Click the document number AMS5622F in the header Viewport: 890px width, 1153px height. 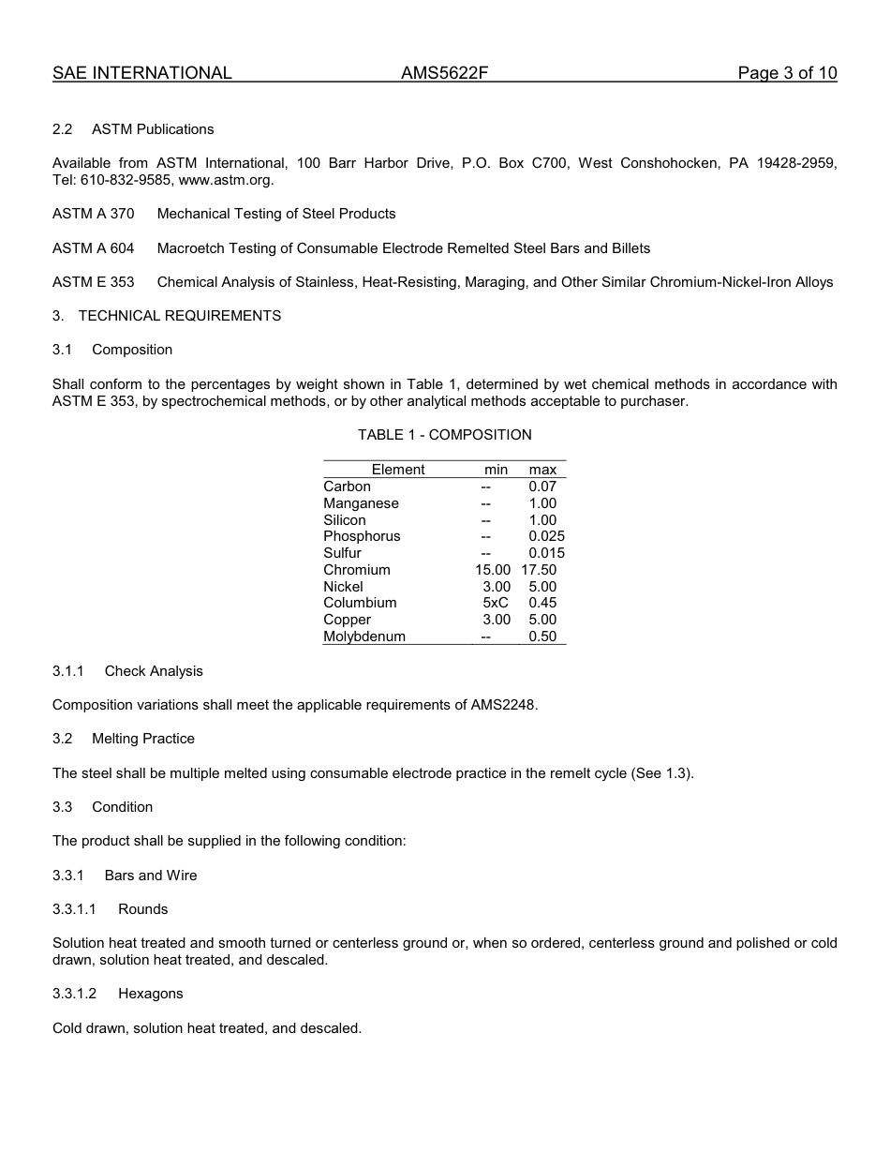pos(445,73)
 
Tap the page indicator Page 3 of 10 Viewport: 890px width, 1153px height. pos(787,73)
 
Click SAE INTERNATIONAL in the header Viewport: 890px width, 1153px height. pos(142,73)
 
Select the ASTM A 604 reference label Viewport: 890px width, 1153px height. pos(93,248)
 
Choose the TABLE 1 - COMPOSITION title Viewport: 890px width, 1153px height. pos(444,435)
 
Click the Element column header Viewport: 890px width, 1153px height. pos(398,470)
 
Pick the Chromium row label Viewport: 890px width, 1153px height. pos(357,570)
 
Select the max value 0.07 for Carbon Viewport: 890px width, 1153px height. pos(542,487)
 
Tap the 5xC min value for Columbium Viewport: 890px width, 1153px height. pos(496,603)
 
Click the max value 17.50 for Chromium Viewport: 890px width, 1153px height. pos(539,570)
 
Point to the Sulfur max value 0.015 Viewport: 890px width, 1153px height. pos(546,553)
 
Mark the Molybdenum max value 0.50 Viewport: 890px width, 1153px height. pos(542,636)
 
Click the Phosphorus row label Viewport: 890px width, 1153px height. pos(362,536)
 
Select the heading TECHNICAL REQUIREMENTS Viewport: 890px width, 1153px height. pos(180,316)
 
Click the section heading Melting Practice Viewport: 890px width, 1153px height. pos(143,739)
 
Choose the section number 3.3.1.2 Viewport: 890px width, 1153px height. pos(75,994)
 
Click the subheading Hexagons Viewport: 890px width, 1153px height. pos(151,994)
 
